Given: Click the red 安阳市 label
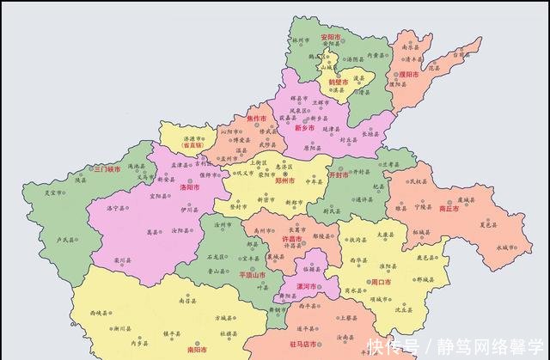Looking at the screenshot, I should click(x=331, y=38).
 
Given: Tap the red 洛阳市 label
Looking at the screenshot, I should click(x=189, y=186).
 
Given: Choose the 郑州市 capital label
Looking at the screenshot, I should click(x=284, y=181).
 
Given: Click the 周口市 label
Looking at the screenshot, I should click(x=381, y=282).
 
